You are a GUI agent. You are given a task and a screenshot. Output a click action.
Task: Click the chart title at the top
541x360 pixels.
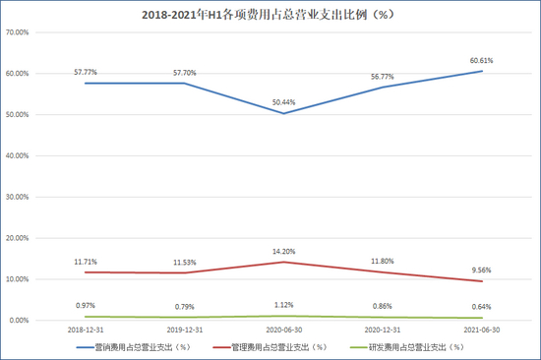click(x=270, y=15)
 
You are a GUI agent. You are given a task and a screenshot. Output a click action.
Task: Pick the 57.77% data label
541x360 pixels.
click(x=87, y=72)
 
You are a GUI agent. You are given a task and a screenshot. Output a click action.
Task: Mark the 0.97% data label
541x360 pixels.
click(x=87, y=305)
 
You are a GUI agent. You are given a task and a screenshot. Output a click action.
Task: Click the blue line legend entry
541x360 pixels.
click(x=133, y=347)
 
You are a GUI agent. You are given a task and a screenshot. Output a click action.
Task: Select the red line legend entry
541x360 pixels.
click(x=285, y=347)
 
